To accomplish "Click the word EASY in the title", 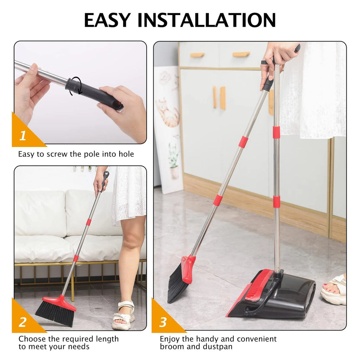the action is click(x=107, y=20).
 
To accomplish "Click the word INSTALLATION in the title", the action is click(x=207, y=20).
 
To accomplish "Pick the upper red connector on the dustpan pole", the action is click(x=276, y=132).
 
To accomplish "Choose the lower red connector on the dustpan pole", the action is click(x=276, y=201).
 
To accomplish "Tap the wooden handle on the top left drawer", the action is click(x=197, y=55).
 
